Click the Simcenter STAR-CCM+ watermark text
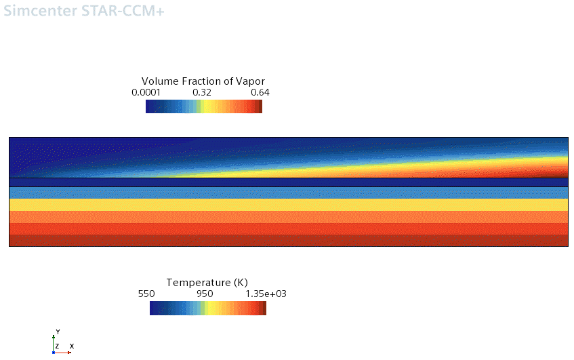[x=84, y=12]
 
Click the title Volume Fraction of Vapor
[x=203, y=81]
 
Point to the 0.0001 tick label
[x=146, y=92]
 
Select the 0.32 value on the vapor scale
[x=202, y=92]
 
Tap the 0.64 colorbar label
[x=260, y=92]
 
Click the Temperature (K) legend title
[x=207, y=282]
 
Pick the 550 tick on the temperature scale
[x=147, y=294]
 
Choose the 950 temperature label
[x=205, y=294]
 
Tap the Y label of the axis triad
[x=58, y=332]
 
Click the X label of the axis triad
[x=71, y=346]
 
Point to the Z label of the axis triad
[x=58, y=346]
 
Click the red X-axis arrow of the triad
[x=65, y=353]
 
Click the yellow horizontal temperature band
[x=288, y=205]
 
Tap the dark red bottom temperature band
[x=288, y=241]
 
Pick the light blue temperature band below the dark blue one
[x=288, y=193]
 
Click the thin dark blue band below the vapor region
[x=288, y=182]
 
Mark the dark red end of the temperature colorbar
[x=264, y=308]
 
